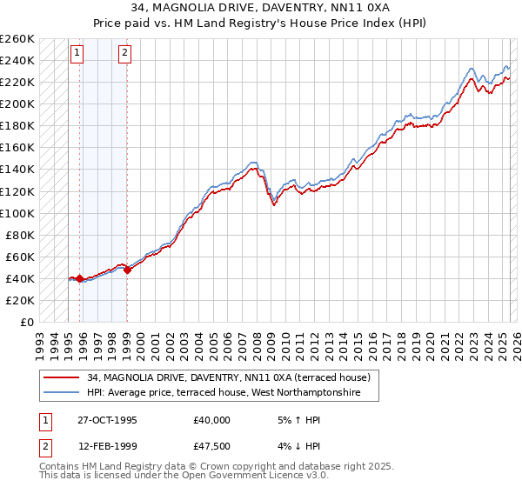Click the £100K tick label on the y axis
[17, 213]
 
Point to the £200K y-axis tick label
[17, 104]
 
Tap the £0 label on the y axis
[24, 322]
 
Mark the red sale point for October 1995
[80, 278]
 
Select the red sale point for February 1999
[127, 270]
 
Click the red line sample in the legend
[61, 377]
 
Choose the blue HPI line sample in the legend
[61, 393]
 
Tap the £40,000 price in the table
[212, 419]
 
